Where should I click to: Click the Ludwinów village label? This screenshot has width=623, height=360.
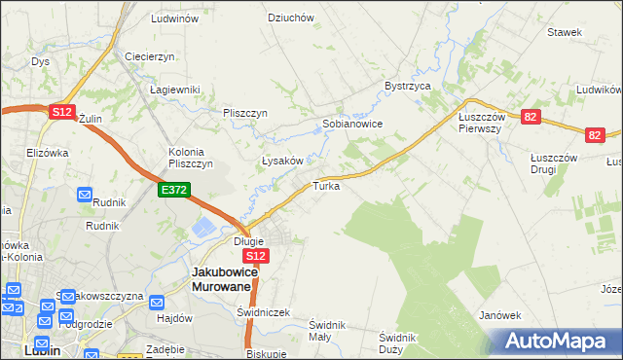pos(175,18)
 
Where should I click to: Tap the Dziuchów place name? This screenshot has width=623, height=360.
pos(291,18)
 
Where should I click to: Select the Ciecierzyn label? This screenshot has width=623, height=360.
pos(149,56)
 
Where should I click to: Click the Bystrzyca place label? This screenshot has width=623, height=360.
pos(407,86)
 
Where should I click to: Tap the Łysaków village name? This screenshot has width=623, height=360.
pos(284,161)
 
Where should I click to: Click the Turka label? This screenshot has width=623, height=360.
pos(326,185)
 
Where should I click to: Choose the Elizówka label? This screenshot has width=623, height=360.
pos(47,153)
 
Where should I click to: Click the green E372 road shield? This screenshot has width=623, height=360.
pos(176,191)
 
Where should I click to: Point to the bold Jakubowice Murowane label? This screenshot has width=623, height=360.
pos(224,280)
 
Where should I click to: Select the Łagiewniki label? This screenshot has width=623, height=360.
pos(174,90)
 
